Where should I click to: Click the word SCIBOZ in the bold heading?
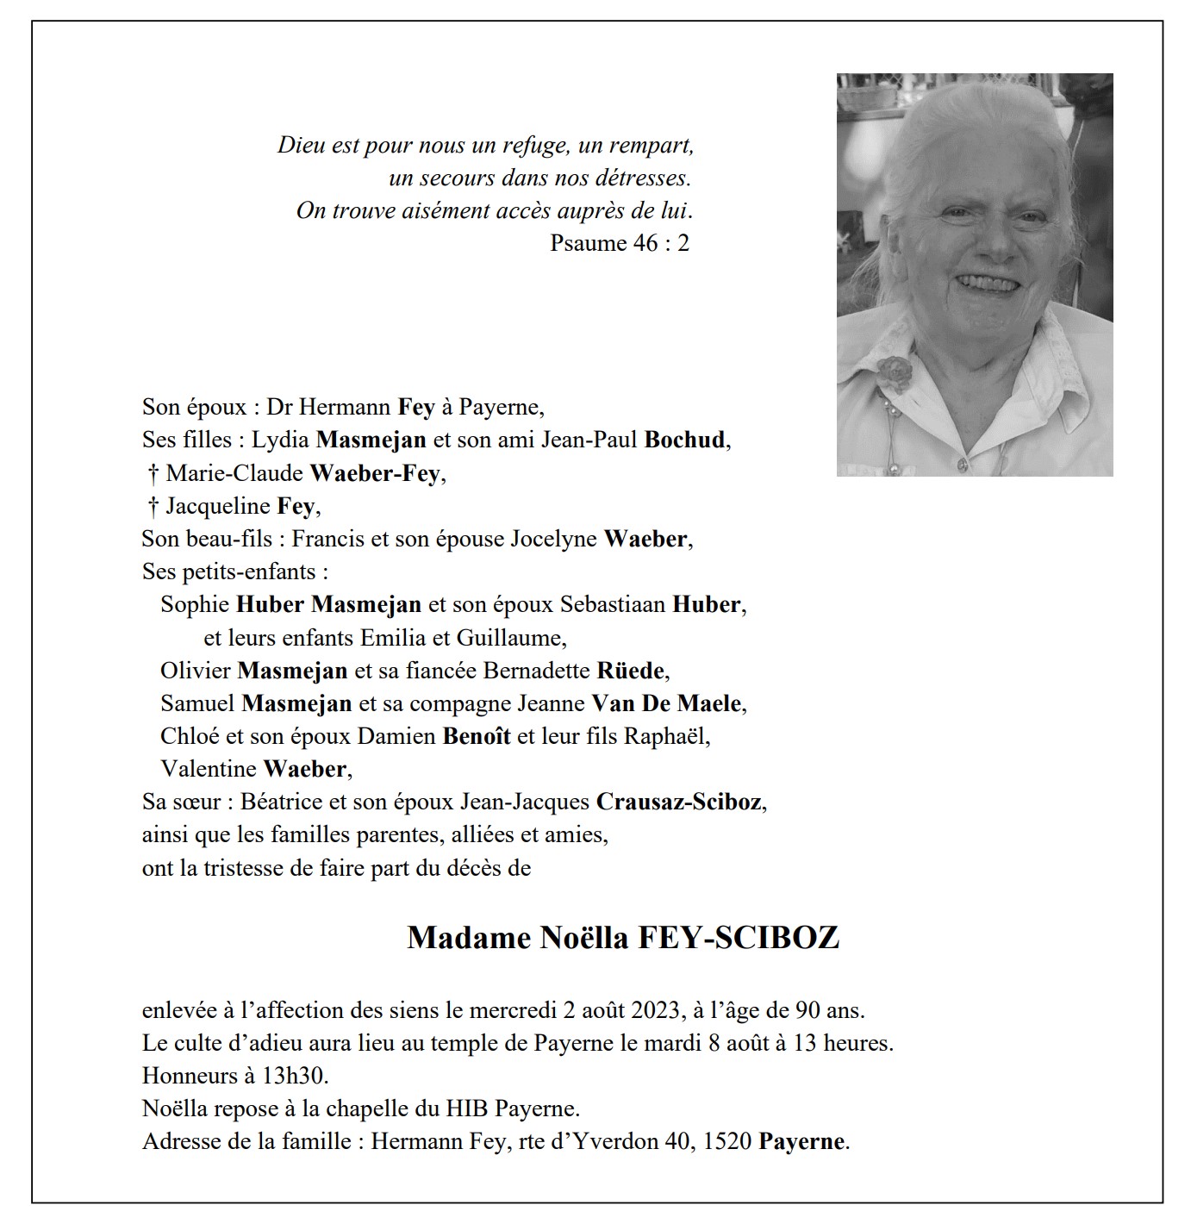tap(774, 938)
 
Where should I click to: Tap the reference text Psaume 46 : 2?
tap(620, 243)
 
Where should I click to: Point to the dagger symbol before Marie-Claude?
tap(153, 473)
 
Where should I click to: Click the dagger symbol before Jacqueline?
tap(153, 506)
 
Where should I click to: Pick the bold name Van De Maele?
tap(666, 703)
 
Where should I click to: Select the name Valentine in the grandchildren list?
tap(209, 769)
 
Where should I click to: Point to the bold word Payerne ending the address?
tap(801, 1141)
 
